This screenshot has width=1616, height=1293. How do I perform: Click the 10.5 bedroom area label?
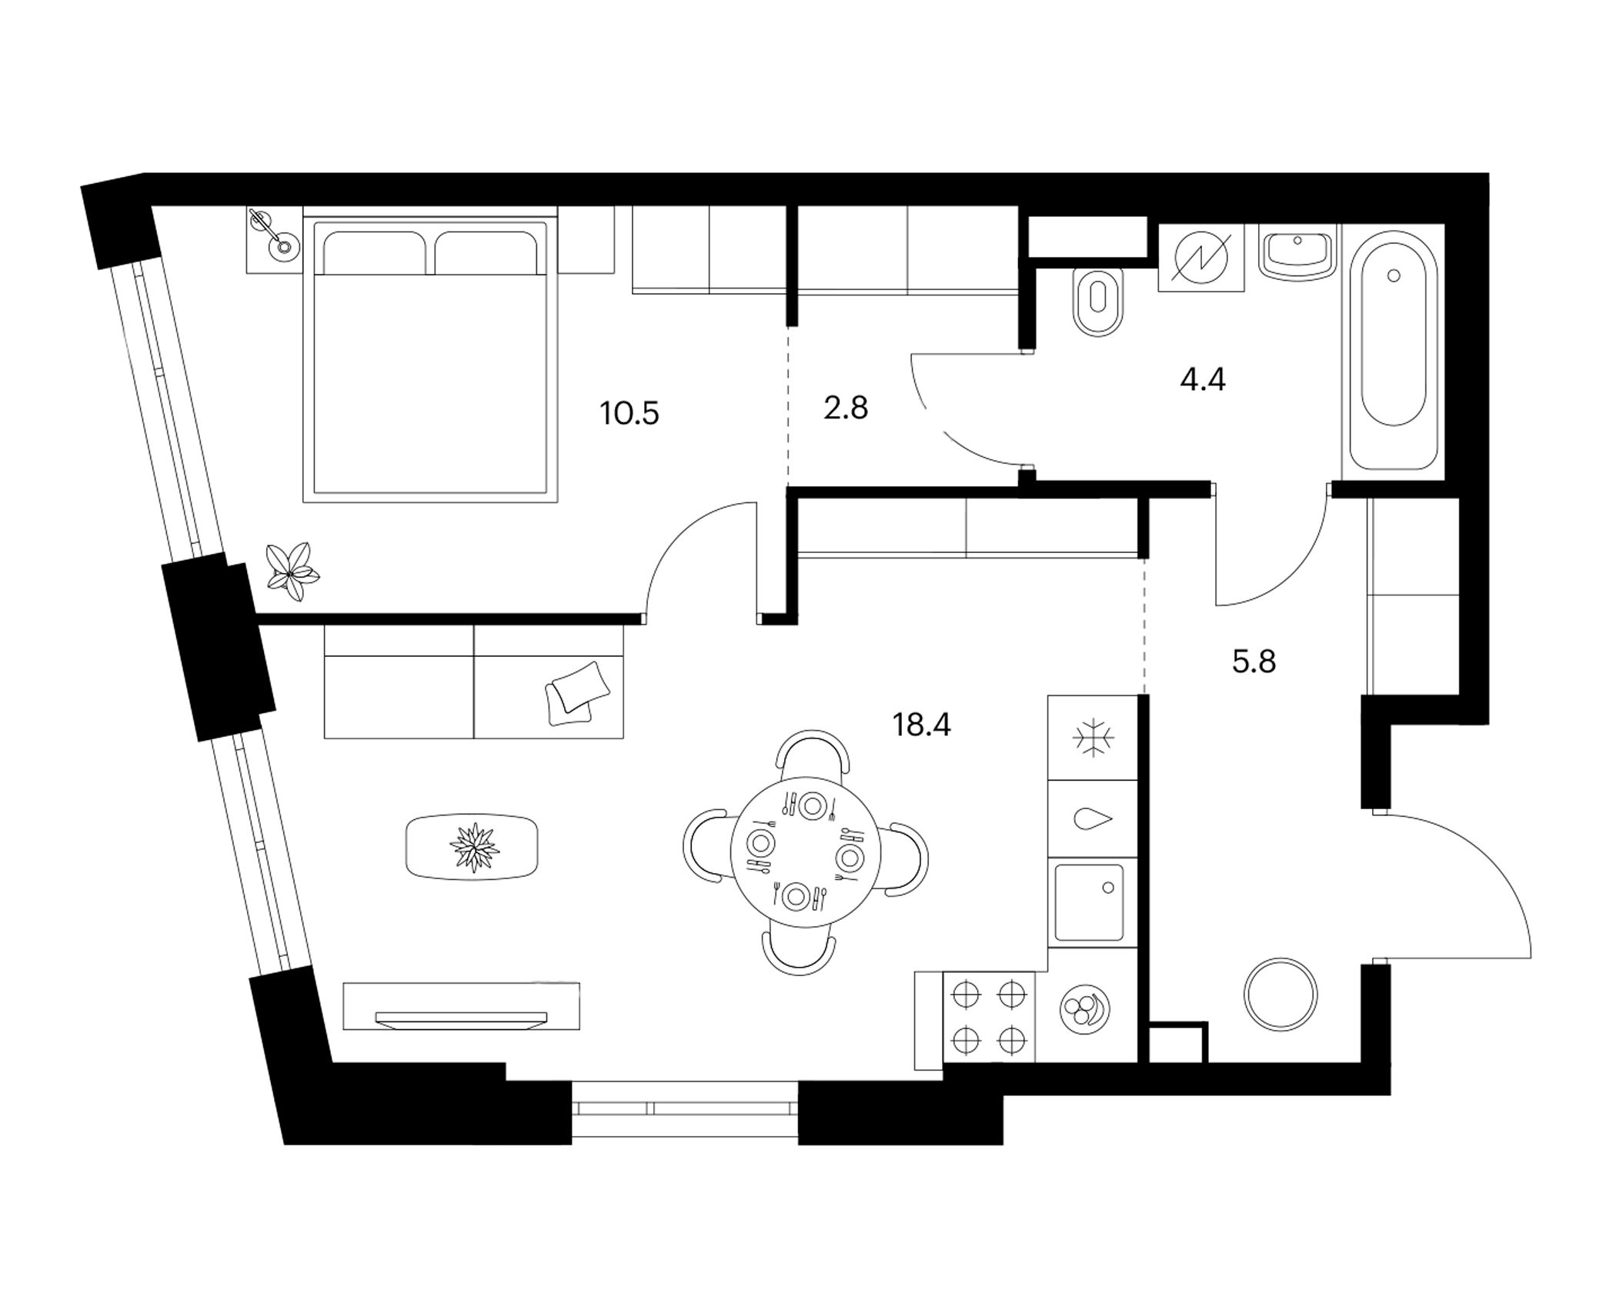tap(629, 414)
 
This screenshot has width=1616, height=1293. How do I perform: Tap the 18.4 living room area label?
tap(921, 725)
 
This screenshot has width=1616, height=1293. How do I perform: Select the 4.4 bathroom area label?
tap(1203, 379)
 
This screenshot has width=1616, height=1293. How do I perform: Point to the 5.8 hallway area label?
tap(1254, 661)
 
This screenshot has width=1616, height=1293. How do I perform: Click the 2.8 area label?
tap(846, 408)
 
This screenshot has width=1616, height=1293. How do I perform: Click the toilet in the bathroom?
tap(1098, 302)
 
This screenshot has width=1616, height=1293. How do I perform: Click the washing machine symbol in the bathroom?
tap(1201, 258)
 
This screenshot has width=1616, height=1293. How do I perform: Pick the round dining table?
tap(804, 852)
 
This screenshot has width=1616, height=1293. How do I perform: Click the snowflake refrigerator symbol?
tap(1093, 738)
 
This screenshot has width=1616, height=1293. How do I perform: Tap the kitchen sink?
tap(1089, 903)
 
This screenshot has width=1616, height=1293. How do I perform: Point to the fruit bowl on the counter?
tap(1085, 1008)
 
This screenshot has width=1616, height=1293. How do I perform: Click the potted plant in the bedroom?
tap(291, 572)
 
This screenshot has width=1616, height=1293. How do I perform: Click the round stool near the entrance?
tap(1280, 995)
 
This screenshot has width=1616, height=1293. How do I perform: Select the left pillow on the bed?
tap(375, 252)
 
